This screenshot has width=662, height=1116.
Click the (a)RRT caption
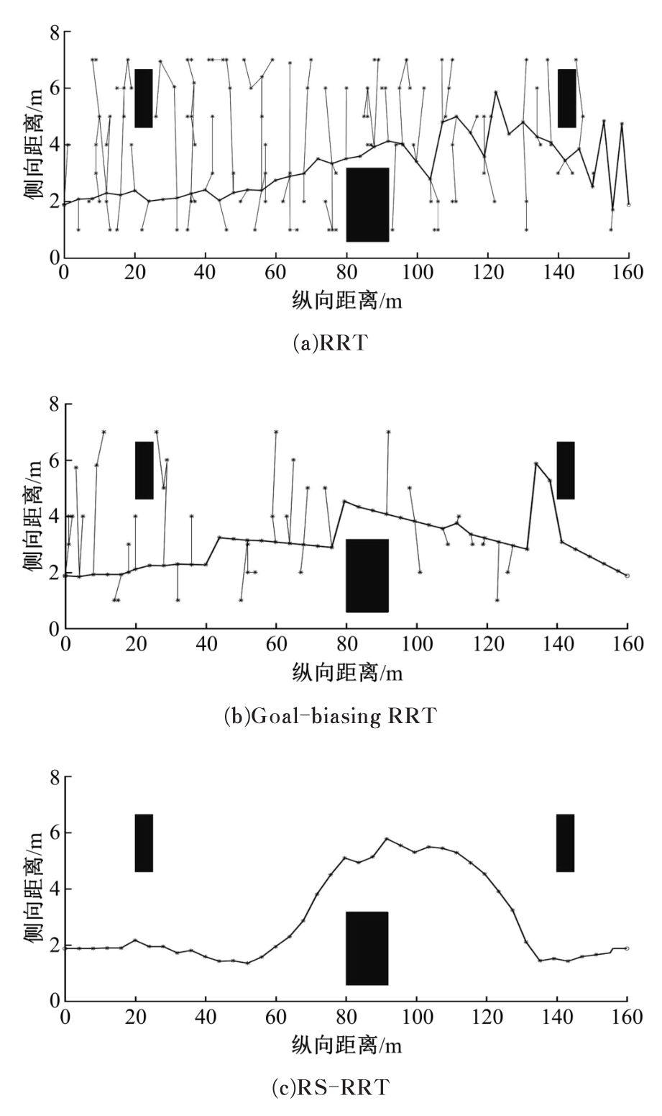tap(331, 342)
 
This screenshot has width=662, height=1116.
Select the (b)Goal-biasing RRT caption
tap(331, 716)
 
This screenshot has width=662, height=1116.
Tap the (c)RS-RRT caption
tap(331, 1088)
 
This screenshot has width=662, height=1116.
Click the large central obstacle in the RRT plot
tap(367, 204)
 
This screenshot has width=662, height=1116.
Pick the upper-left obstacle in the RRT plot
tap(144, 99)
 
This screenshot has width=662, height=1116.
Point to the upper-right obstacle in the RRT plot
tap(567, 99)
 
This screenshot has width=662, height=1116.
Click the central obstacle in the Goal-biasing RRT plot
tap(367, 576)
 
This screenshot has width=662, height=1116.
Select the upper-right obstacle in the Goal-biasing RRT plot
tap(566, 470)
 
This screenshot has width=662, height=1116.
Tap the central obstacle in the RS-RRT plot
tap(367, 948)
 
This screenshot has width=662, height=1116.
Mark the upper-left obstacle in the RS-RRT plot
tap(144, 843)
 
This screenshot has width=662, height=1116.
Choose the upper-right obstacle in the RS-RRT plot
tap(565, 843)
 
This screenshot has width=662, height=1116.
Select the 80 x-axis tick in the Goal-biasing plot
tap(346, 645)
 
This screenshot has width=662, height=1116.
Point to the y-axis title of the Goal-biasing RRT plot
tap(32, 517)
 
